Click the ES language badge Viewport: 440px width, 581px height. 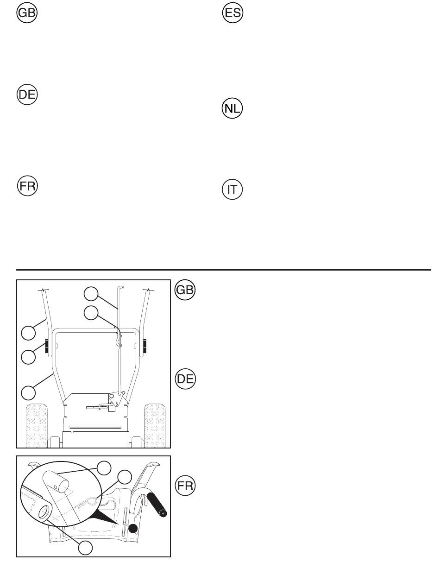232,13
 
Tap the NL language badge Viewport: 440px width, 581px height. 232,109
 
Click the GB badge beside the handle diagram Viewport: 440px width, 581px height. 186,290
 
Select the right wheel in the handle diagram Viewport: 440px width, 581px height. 155,426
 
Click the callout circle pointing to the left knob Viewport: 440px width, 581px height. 28,357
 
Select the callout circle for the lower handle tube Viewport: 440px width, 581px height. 28,392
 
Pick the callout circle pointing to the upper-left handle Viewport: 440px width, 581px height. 28,332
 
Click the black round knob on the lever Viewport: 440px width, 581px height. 133,528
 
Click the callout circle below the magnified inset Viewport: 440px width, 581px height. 84,548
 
